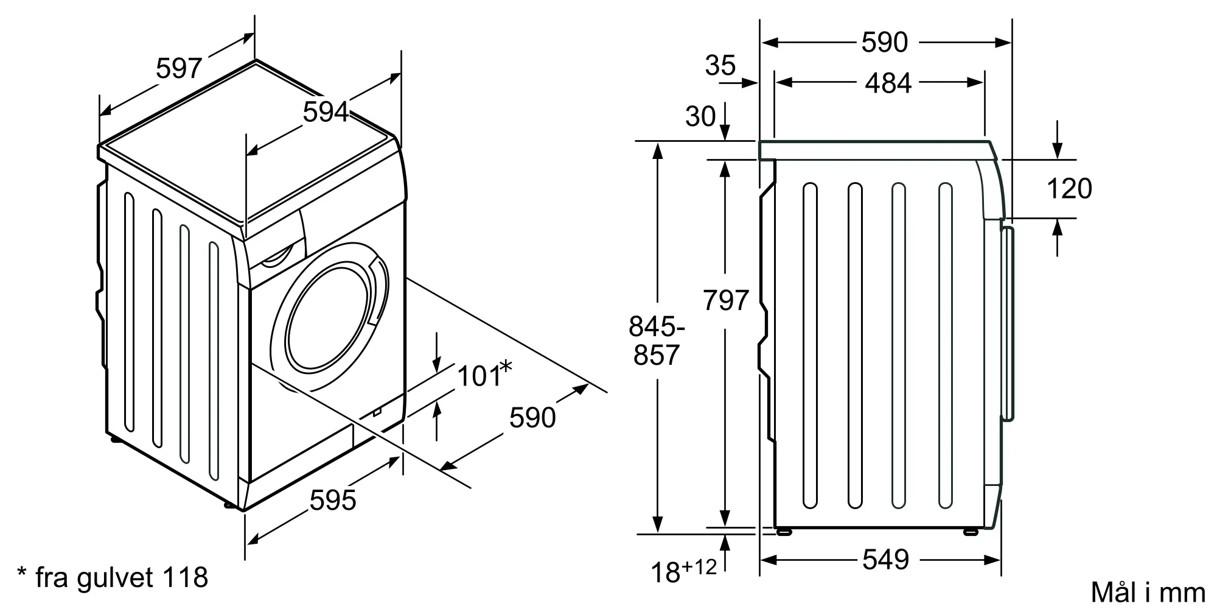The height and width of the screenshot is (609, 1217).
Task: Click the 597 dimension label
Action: [x=178, y=68]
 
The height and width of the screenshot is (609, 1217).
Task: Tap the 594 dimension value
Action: [x=326, y=112]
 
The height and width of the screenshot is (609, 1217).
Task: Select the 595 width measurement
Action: [x=333, y=501]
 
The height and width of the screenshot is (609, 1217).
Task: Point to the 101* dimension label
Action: [x=484, y=375]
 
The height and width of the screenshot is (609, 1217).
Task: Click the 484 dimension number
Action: [x=888, y=83]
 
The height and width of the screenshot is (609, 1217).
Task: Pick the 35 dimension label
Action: [x=720, y=65]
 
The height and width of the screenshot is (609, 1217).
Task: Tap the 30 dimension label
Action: [x=701, y=116]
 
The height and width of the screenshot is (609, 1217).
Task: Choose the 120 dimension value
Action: [x=1069, y=189]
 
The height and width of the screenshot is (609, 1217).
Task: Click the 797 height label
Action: [x=725, y=300]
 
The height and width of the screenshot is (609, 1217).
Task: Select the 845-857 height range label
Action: [x=657, y=341]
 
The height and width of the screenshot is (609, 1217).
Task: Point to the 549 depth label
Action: [x=885, y=560]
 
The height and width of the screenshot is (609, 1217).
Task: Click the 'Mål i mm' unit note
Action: [x=1148, y=592]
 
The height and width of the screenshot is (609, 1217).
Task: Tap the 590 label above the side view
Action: [x=885, y=43]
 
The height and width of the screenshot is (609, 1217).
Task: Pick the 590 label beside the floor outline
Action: [x=532, y=417]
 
